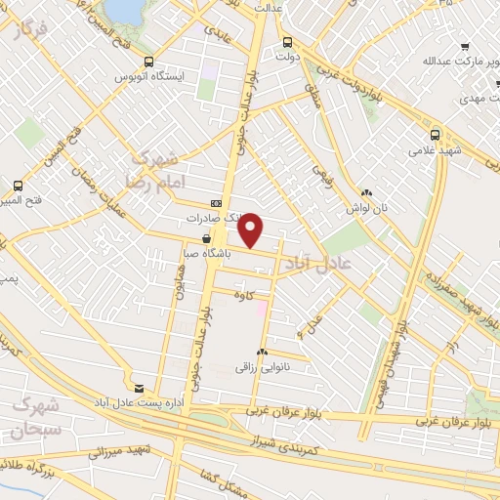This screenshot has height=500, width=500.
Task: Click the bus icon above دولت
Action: (286, 43)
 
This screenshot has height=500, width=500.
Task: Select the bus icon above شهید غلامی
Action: (435, 136)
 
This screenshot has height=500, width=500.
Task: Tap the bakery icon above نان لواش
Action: (366, 194)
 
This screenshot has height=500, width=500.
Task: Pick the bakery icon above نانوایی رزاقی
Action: (261, 352)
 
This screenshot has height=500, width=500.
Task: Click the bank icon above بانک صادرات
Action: (216, 202)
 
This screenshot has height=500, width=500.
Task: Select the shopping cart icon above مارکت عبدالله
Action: (466, 46)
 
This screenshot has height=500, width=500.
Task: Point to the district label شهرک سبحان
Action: (37, 418)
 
